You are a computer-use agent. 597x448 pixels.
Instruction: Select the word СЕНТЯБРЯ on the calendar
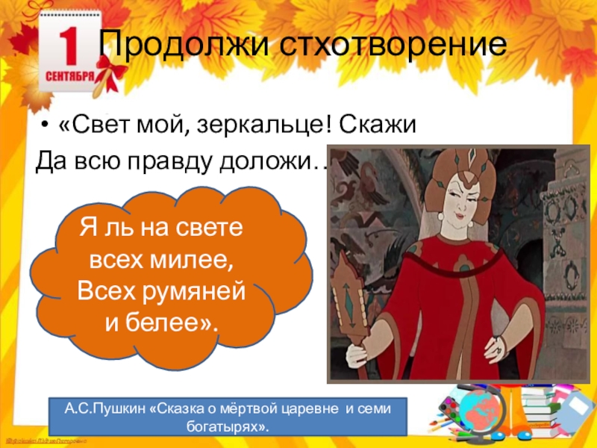pyautogui.click(x=69, y=76)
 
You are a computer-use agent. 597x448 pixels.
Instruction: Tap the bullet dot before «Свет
pyautogui.click(x=46, y=125)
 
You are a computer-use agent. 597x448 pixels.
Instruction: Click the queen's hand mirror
pyautogui.click(x=351, y=295)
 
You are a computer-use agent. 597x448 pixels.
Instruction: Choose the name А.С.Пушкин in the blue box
pyautogui.click(x=94, y=410)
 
